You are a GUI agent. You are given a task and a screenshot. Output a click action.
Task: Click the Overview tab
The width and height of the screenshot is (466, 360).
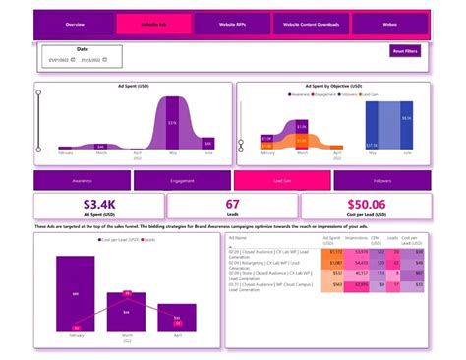coord(75,23)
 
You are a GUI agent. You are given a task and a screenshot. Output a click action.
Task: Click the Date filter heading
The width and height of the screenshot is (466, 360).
coord(82,47)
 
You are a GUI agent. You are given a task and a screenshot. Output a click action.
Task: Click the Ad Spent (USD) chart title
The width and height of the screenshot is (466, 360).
coord(132,87)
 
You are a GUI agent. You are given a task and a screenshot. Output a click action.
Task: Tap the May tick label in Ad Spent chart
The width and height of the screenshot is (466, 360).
coord(172,153)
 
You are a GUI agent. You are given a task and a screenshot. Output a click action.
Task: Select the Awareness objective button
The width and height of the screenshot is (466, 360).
coord(83,180)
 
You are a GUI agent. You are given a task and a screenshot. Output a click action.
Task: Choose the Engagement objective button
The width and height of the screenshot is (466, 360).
coord(182,180)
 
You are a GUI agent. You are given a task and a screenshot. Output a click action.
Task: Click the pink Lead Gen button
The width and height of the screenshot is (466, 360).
coord(282,180)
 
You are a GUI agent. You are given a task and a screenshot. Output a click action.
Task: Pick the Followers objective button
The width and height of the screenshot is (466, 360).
coord(382,180)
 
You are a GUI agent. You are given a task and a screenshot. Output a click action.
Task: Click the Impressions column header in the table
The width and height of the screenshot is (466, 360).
coord(356,239)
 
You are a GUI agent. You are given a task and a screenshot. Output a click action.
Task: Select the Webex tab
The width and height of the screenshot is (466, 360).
coord(389,23)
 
